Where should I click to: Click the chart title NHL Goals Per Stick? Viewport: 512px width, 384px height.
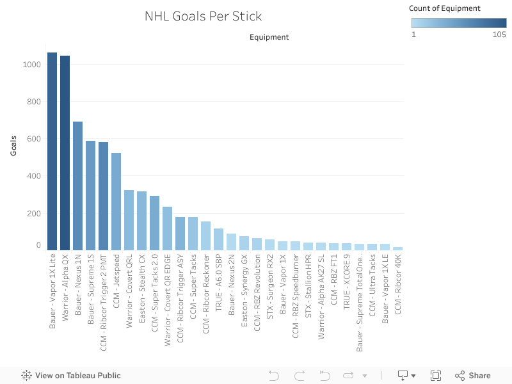pos(203,17)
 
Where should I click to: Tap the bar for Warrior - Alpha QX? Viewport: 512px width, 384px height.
pos(65,153)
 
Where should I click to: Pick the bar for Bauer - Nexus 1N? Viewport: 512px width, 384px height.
pos(78,186)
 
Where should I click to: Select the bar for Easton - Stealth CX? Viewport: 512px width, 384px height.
pos(142,221)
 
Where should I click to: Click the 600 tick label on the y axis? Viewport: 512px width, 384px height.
pos(33,139)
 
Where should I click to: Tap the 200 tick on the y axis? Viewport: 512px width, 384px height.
pos(33,213)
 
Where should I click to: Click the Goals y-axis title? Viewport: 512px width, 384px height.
pos(13,145)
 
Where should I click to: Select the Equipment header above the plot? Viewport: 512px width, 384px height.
pos(269,37)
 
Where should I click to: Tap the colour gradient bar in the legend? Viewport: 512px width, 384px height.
pos(458,22)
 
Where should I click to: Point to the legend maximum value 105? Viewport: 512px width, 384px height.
pos(499,35)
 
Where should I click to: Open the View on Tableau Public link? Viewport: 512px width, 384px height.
pos(71,376)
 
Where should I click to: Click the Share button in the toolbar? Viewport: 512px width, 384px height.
pos(473,376)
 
